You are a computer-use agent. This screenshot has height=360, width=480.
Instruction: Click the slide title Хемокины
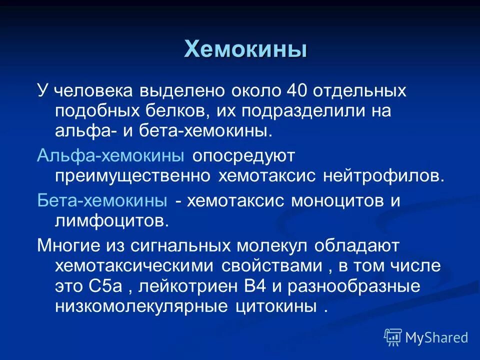245,49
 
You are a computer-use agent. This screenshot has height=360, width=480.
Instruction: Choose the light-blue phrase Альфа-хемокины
110,156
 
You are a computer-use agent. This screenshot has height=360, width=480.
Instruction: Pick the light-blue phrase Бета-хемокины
102,201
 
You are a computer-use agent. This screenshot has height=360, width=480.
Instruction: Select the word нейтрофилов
383,176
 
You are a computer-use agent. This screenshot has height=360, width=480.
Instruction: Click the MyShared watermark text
436,338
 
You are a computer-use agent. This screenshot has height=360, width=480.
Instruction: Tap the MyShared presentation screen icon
393,337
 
